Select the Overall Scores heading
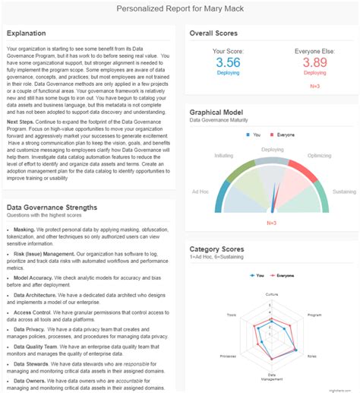[213, 33]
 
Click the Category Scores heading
[217, 248]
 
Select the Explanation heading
[27, 33]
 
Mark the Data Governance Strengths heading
[52, 207]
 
